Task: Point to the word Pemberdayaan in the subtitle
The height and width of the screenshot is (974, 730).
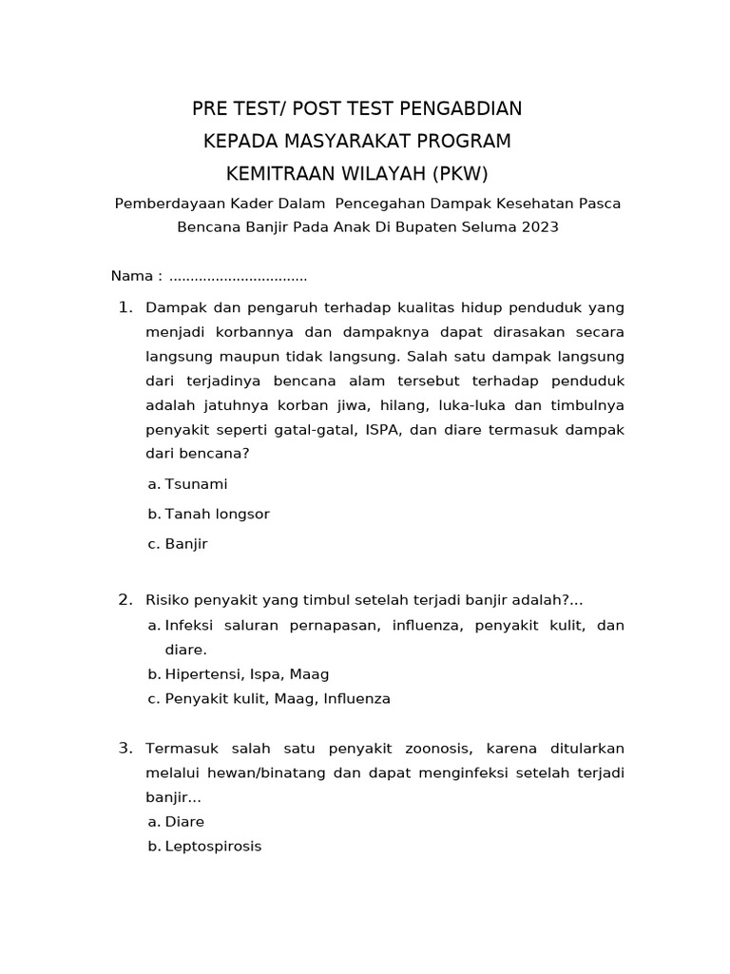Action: (159, 203)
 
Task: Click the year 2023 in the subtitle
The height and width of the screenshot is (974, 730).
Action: (539, 227)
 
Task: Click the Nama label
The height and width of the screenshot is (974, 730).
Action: (131, 276)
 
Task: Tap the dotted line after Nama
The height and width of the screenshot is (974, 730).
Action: (238, 277)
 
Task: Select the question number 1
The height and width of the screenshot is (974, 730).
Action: (124, 307)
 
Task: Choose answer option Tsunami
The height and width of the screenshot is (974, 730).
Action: (196, 484)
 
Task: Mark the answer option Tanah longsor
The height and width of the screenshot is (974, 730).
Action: (217, 515)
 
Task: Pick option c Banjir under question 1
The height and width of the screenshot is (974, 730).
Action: (185, 545)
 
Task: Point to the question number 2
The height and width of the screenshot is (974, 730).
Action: (125, 599)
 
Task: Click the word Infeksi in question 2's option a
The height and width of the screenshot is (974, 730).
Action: (189, 626)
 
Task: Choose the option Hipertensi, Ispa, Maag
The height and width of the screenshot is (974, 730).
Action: (246, 674)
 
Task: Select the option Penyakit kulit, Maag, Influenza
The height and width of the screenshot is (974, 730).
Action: (277, 699)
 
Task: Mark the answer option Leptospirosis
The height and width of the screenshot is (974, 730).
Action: (213, 846)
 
